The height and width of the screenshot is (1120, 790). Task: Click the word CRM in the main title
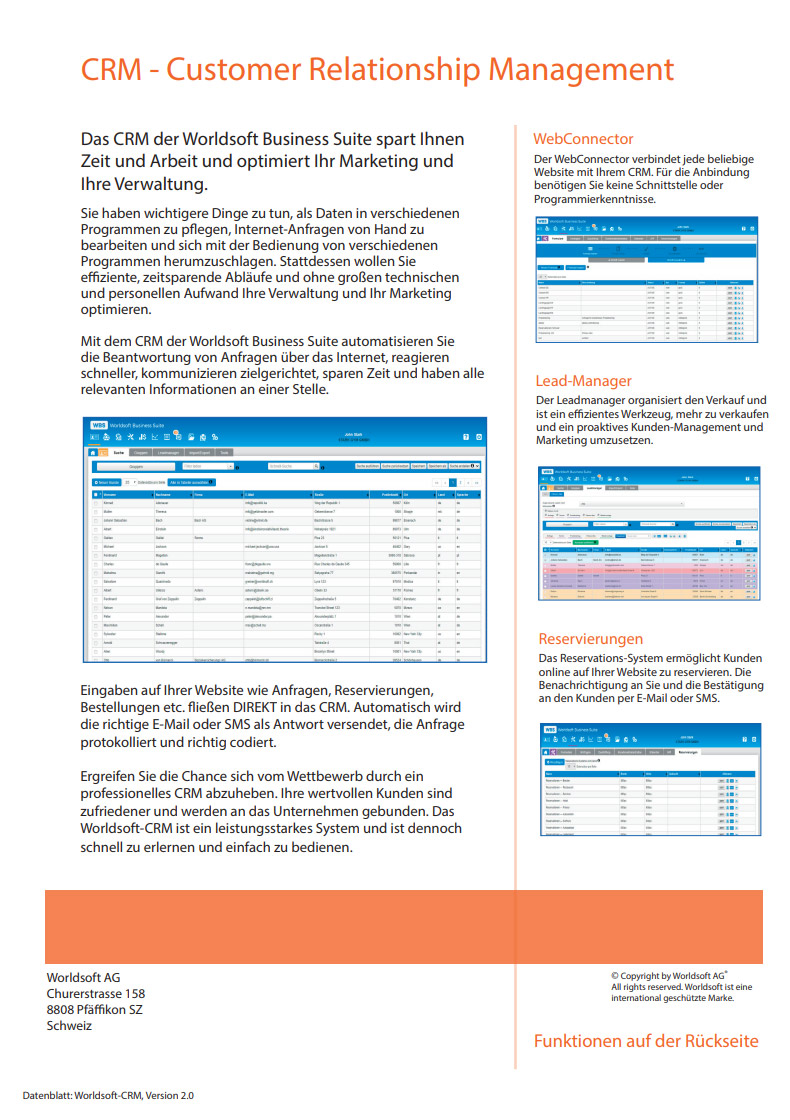pyautogui.click(x=111, y=70)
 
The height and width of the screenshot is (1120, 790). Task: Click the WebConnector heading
pyautogui.click(x=583, y=139)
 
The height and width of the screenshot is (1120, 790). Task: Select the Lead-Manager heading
pyautogui.click(x=582, y=380)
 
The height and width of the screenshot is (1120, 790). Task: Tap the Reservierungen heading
pyautogui.click(x=590, y=638)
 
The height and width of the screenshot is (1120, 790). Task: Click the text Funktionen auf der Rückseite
pyautogui.click(x=645, y=1041)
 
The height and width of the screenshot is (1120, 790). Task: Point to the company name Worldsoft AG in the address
pyautogui.click(x=84, y=977)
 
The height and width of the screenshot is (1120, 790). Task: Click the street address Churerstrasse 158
pyautogui.click(x=96, y=993)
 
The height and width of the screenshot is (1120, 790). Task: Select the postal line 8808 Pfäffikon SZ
pyautogui.click(x=95, y=1009)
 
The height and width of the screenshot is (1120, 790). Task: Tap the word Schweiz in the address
pyautogui.click(x=69, y=1025)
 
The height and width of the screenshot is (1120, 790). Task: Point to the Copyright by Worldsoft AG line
pyautogui.click(x=668, y=976)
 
